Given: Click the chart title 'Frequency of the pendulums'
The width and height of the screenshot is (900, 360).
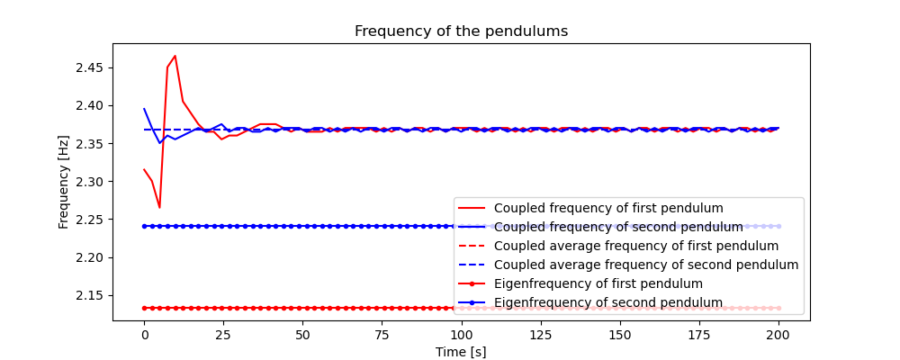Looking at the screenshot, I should [x=461, y=31].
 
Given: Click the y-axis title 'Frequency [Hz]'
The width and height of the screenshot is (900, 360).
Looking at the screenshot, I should [x=64, y=182].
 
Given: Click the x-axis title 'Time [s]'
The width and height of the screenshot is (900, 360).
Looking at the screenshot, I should [x=461, y=352].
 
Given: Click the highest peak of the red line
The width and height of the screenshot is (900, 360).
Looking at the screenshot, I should [x=175, y=56].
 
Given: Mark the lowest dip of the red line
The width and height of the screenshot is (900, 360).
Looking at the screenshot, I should [x=159, y=208].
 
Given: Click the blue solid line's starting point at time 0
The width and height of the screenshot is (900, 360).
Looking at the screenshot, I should [x=144, y=109].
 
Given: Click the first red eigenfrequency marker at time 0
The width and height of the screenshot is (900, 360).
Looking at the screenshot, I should [x=144, y=308].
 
